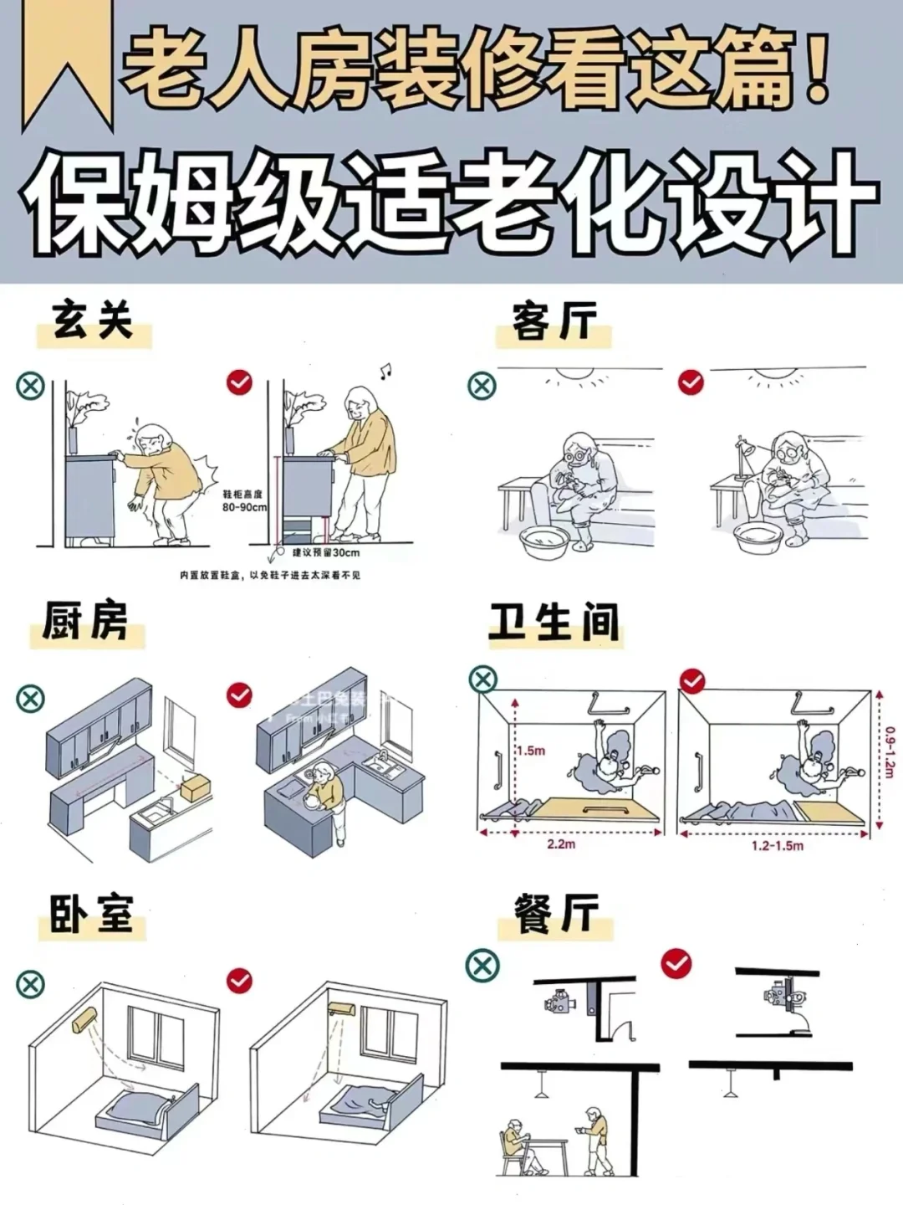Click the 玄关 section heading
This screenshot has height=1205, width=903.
point(93,321)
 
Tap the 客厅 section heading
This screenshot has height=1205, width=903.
point(554,323)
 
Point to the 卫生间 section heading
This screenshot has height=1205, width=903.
point(554,623)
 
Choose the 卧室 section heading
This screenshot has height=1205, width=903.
point(91,914)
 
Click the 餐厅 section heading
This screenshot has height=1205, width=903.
point(556,914)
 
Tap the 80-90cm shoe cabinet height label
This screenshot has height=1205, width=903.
point(243,501)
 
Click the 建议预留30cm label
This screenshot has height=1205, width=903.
point(325,552)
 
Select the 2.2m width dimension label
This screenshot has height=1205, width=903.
point(561,843)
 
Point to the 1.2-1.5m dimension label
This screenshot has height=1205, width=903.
point(777,846)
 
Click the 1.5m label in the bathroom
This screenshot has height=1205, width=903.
point(530,751)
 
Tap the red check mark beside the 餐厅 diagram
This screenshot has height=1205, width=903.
point(676,963)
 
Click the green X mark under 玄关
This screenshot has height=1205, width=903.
point(31,386)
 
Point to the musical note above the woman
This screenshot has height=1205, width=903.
point(385,371)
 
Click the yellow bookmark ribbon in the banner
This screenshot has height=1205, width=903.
point(67,63)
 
